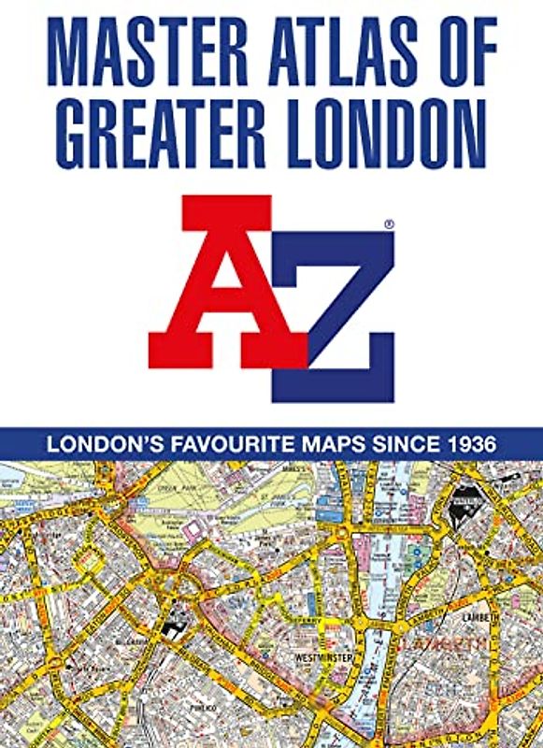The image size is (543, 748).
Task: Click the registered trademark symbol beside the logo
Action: [x=389, y=225]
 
